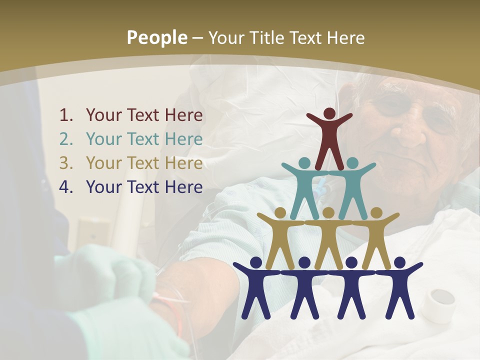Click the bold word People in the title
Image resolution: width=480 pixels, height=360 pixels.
pyautogui.click(x=156, y=37)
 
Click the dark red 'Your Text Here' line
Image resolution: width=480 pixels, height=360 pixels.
pyautogui.click(x=144, y=115)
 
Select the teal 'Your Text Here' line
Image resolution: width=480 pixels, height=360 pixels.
pyautogui.click(x=144, y=139)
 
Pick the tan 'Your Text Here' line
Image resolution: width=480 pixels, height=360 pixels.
pyautogui.click(x=144, y=163)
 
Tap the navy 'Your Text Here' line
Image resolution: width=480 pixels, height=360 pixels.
pyautogui.click(x=144, y=187)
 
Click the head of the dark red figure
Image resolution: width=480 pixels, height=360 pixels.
pyautogui.click(x=329, y=113)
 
